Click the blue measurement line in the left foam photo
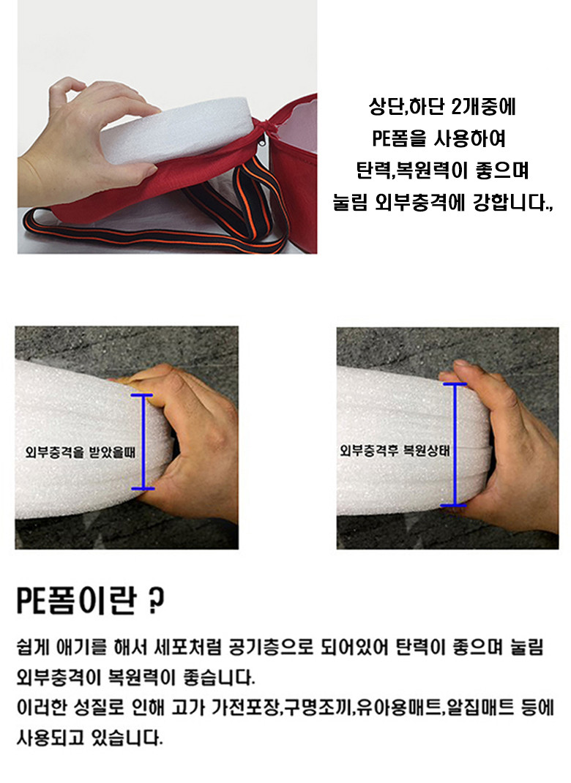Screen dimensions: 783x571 pos(143,442)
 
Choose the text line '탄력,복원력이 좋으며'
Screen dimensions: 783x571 pos(441,171)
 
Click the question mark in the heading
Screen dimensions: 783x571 pos(155,603)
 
